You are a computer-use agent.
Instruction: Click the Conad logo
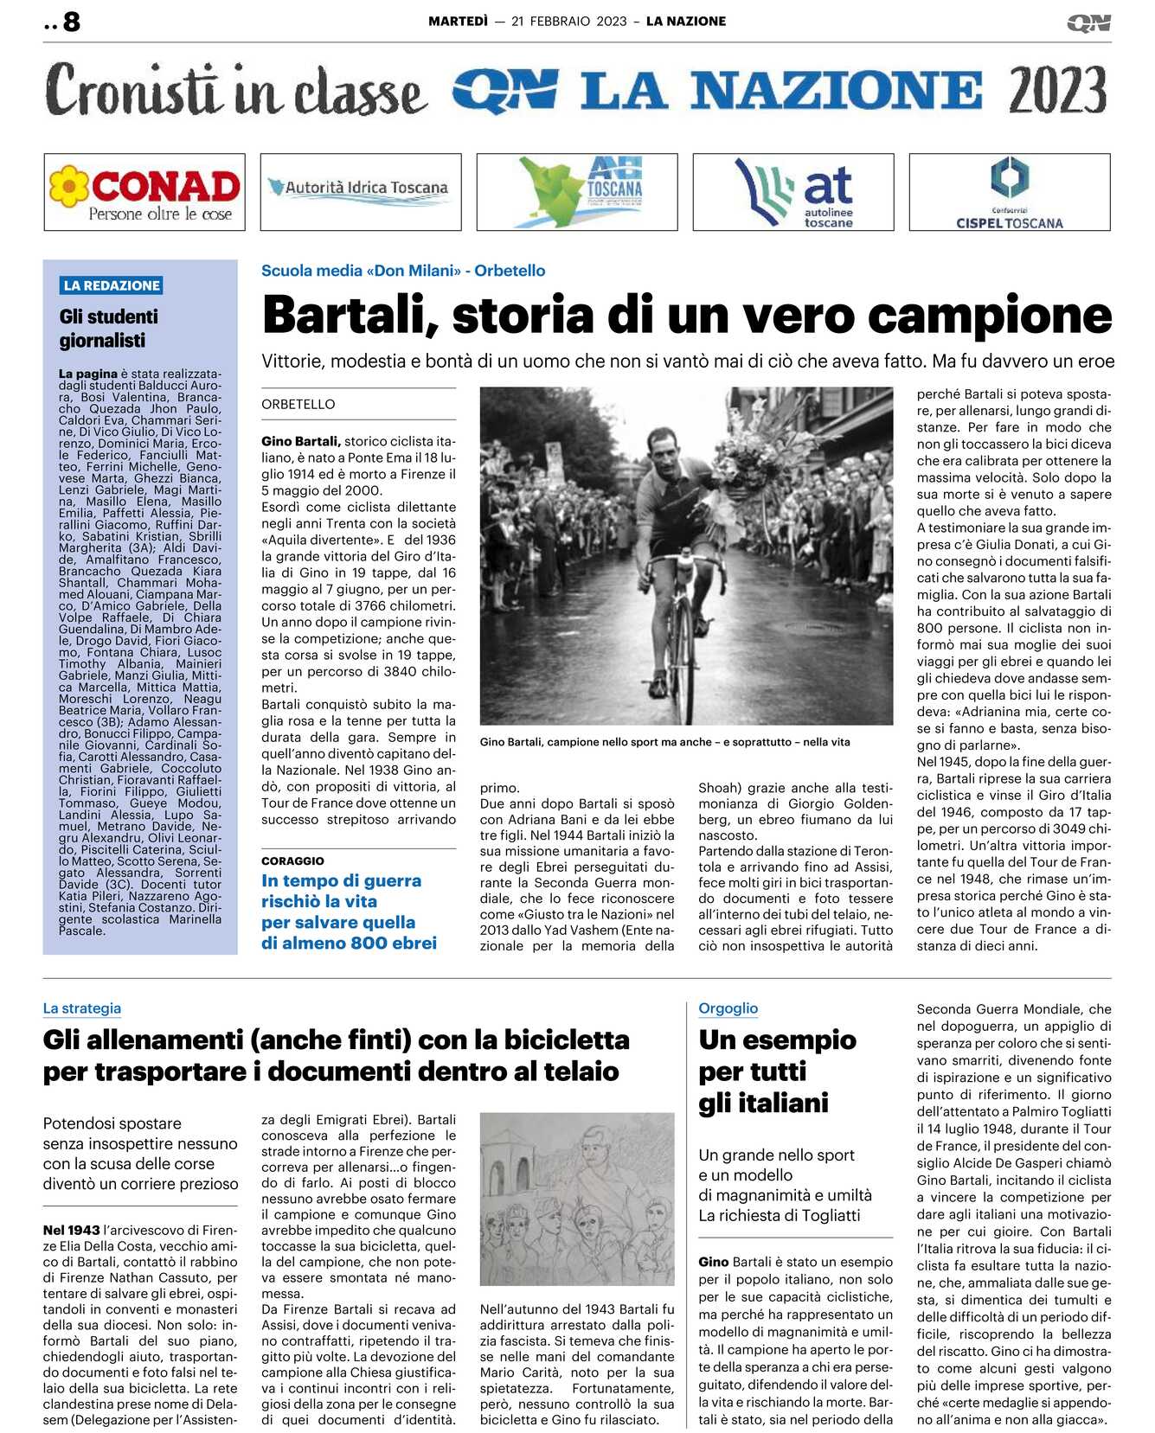[144, 192]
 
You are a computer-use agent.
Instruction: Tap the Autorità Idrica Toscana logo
[361, 191]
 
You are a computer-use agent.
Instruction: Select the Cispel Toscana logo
[1009, 192]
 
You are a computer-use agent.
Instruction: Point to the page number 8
[71, 22]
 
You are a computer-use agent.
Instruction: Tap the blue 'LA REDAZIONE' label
[112, 285]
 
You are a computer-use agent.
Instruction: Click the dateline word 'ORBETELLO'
[298, 404]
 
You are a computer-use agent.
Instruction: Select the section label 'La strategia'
[82, 1008]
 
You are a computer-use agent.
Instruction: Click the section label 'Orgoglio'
[728, 1008]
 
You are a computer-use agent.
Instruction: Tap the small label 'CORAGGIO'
[293, 861]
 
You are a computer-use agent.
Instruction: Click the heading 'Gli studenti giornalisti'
[109, 329]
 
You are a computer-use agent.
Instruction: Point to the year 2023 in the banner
[1057, 91]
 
